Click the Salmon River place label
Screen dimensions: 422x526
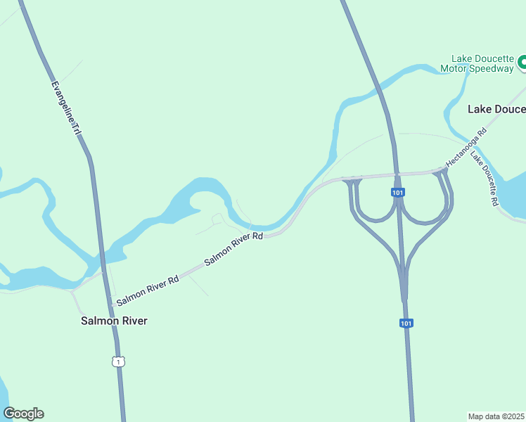(114, 321)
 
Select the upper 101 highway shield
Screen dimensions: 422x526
(398, 192)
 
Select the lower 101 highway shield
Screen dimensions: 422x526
(406, 323)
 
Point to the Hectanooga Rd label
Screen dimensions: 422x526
(466, 147)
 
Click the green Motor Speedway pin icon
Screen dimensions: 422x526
(522, 63)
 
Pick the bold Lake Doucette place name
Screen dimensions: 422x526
(496, 109)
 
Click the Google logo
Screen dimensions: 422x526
(23, 414)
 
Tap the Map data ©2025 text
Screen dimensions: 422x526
(496, 416)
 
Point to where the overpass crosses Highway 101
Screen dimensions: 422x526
(397, 174)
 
